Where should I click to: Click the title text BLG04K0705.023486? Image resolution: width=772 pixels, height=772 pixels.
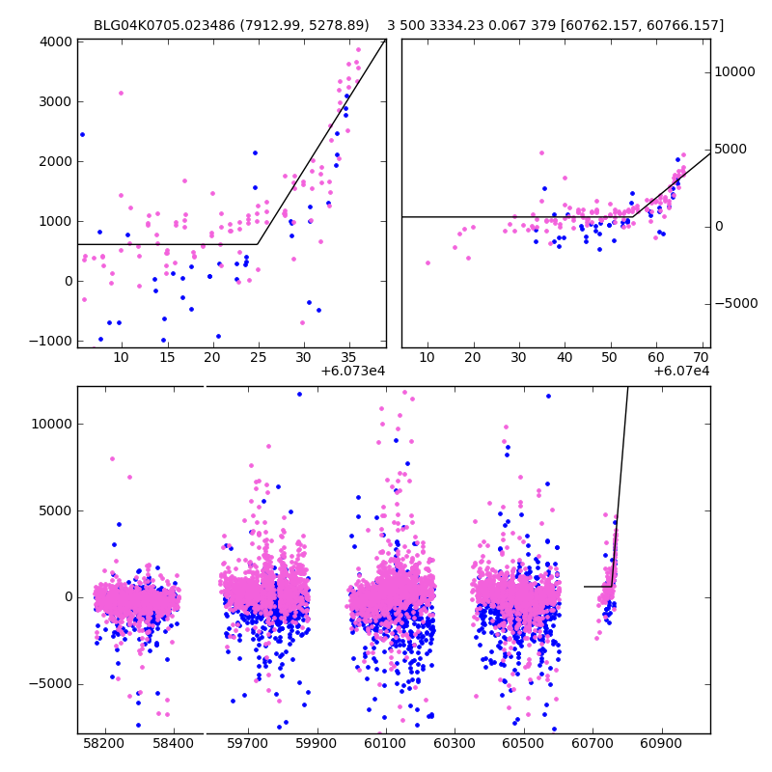point(160,25)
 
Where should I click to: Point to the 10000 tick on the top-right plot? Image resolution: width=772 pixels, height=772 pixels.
point(734,71)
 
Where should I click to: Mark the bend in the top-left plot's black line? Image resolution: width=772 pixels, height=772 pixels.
point(257,244)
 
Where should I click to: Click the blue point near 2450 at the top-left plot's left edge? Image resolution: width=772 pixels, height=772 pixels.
point(82,134)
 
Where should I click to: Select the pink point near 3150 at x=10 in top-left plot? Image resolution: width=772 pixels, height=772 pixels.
point(121,93)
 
